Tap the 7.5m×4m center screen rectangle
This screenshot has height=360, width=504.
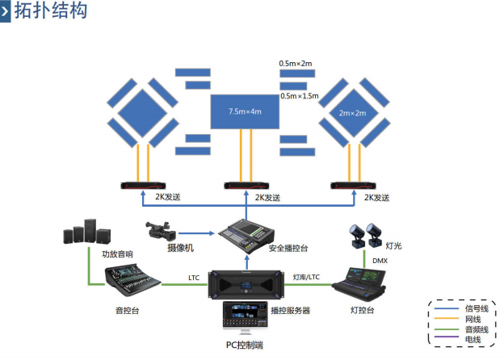point(245,111)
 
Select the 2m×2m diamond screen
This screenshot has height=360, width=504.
point(352,112)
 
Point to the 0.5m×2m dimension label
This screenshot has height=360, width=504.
point(296,63)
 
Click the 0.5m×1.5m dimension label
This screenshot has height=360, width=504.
point(300,95)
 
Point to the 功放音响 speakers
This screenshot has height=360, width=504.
point(89,234)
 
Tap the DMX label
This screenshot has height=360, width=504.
point(380,261)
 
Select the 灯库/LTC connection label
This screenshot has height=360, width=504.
point(306,278)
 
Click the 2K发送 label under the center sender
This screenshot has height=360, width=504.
point(267,197)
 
